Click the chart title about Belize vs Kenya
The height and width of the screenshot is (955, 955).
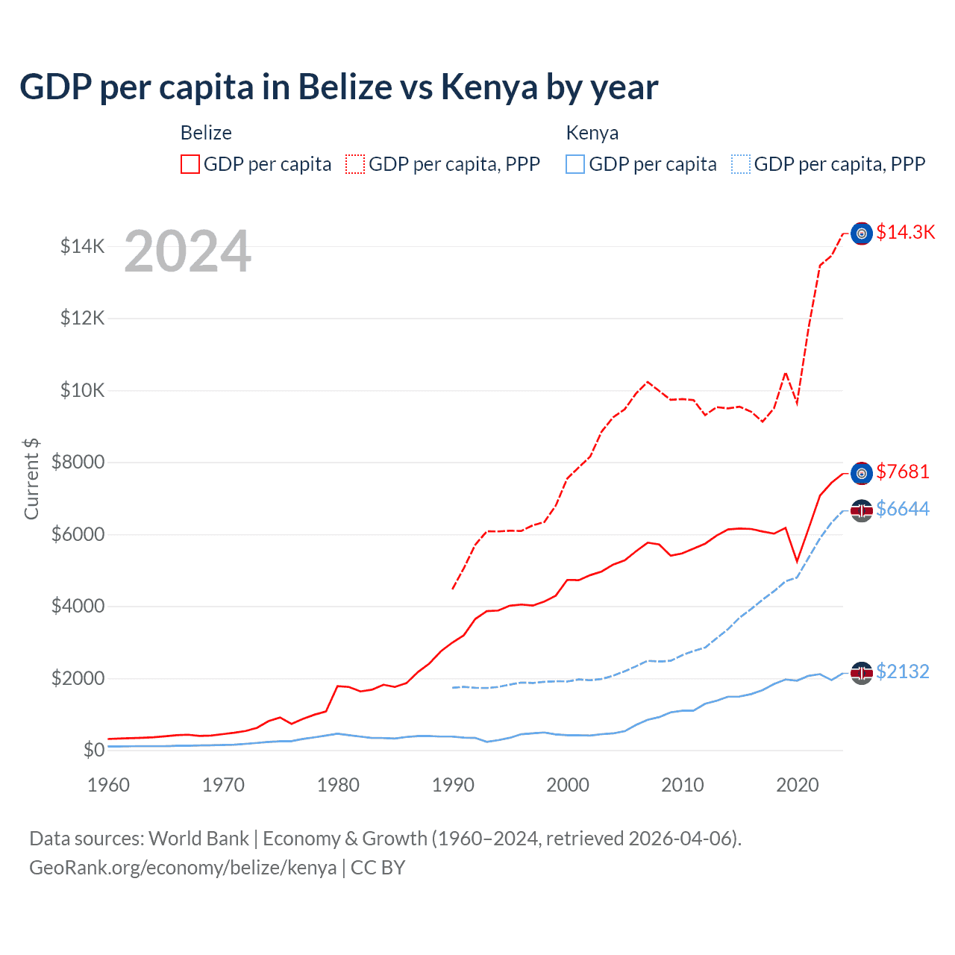(x=339, y=87)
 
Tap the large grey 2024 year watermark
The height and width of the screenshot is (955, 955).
(x=187, y=252)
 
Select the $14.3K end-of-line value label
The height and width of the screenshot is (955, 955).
(x=905, y=232)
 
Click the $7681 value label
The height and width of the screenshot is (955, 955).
(x=903, y=472)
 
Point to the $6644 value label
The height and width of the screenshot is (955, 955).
(x=903, y=509)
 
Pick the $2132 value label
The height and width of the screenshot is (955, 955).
(x=903, y=671)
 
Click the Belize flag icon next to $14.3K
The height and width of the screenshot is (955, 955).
(x=862, y=234)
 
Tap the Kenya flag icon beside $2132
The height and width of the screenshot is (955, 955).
(x=862, y=673)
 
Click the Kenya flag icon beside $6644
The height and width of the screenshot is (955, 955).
(x=862, y=511)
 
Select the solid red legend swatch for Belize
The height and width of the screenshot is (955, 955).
(x=190, y=164)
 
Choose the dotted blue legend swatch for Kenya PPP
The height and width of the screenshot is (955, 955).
(x=741, y=164)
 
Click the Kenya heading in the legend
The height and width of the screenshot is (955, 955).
(x=592, y=133)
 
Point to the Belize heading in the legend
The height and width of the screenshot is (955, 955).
(x=206, y=133)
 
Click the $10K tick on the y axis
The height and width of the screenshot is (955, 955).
(x=82, y=390)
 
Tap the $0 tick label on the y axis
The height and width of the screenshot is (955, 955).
(x=93, y=750)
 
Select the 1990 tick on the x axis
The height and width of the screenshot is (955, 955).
(x=453, y=785)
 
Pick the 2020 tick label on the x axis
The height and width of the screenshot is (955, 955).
(x=798, y=785)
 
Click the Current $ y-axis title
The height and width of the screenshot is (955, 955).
(x=31, y=478)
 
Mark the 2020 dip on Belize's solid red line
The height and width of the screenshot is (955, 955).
(x=798, y=561)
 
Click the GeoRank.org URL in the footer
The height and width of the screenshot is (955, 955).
(x=183, y=868)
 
